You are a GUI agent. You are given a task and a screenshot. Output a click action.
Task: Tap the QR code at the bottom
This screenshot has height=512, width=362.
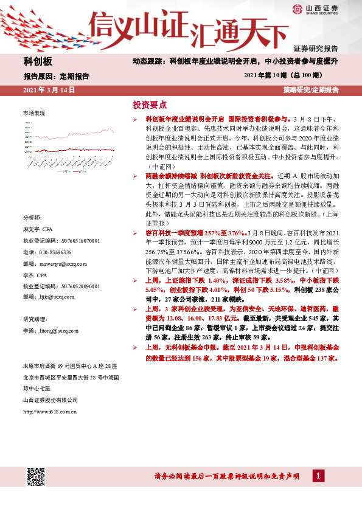coord(36,477)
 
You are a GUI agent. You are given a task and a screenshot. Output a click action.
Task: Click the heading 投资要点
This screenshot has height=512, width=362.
coord(149,104)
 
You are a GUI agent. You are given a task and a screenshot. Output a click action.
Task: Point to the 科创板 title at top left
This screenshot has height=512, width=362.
coord(38,61)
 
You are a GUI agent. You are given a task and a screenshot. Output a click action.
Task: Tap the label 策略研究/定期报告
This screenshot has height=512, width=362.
coord(310,90)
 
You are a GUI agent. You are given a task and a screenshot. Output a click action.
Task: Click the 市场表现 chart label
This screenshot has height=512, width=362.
coord(34,114)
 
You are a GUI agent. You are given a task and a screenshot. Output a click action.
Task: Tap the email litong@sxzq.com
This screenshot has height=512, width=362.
coord(50,331)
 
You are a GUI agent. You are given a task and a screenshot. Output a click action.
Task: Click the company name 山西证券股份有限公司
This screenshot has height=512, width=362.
coord(50,400)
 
